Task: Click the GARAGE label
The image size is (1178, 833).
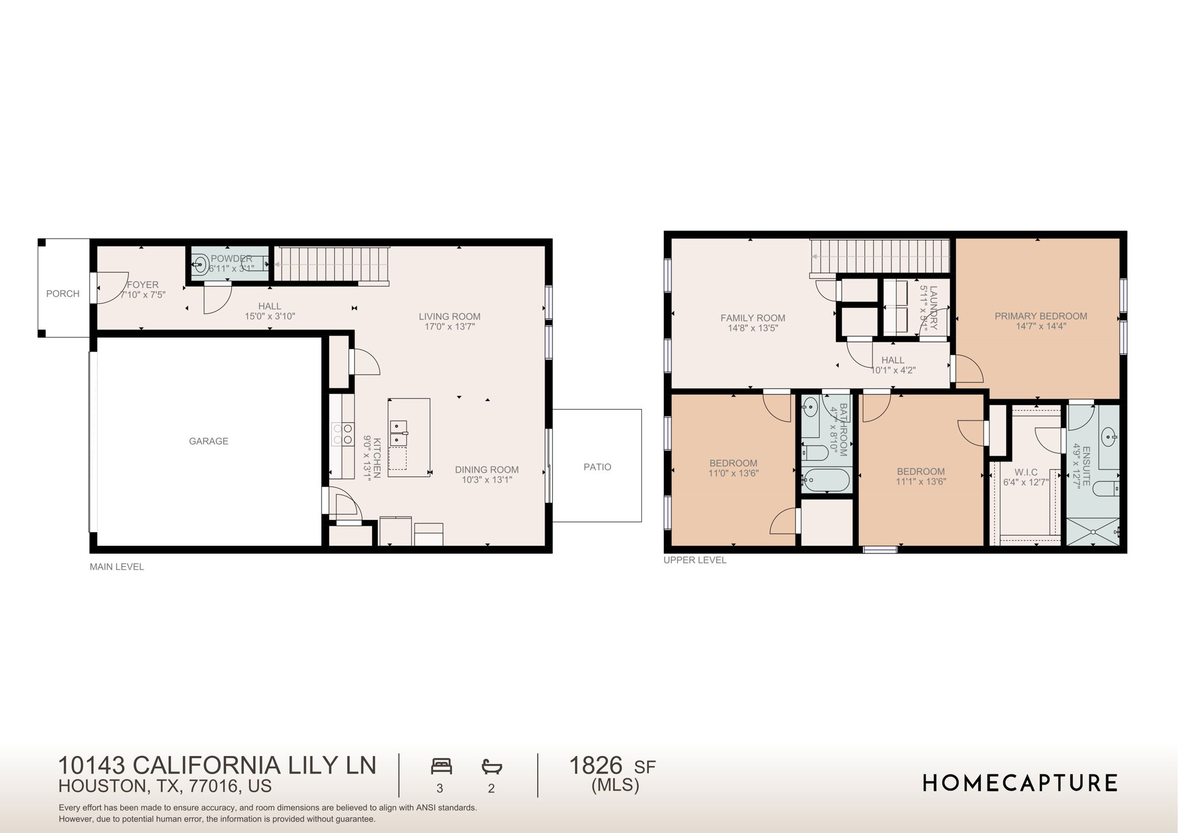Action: (208, 441)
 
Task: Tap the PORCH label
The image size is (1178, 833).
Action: (63, 293)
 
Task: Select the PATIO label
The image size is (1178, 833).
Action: (597, 467)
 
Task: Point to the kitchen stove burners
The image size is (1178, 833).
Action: (343, 434)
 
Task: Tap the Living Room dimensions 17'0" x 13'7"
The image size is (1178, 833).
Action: (449, 327)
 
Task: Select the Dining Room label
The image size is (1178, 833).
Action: (487, 469)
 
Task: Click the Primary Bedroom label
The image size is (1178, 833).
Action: (1041, 316)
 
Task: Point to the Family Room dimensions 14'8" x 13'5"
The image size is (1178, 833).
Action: (752, 328)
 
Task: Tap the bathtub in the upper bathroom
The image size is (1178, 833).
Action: (826, 480)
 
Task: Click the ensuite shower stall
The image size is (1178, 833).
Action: (1092, 532)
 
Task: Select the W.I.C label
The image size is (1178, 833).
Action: (1026, 472)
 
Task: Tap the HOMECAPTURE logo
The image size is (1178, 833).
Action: (1020, 783)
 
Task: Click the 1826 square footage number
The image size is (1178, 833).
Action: (595, 766)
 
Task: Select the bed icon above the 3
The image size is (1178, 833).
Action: (441, 766)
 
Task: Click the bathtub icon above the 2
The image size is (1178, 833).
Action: (492, 766)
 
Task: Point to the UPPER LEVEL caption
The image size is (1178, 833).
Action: (695, 560)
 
